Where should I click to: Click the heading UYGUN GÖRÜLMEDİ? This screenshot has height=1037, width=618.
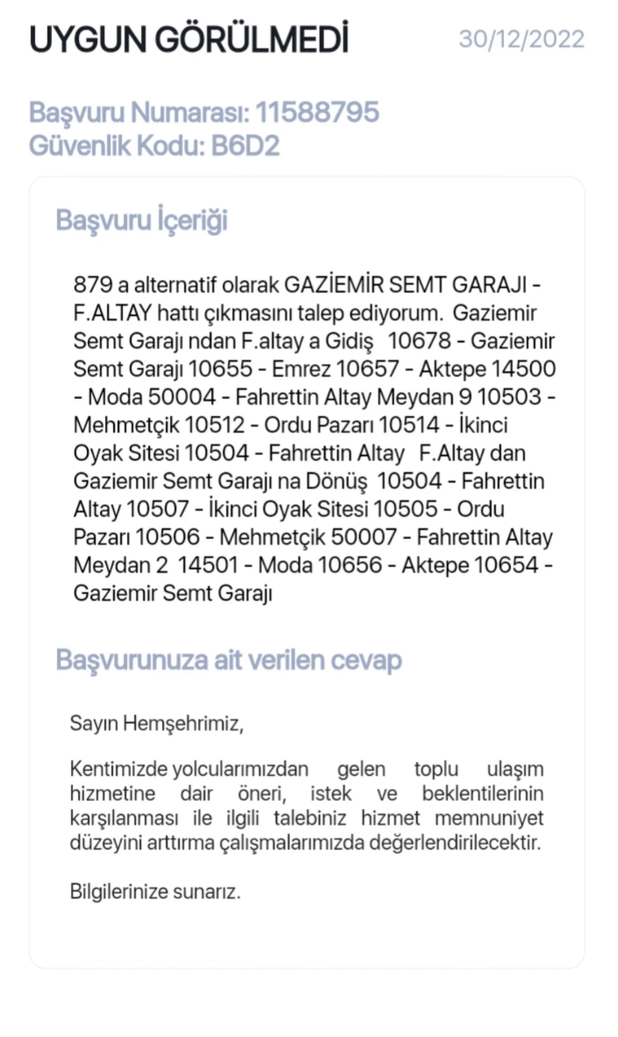189,39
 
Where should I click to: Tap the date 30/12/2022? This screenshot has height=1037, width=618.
521,39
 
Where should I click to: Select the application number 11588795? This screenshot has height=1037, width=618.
317,112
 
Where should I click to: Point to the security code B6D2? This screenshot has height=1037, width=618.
245,146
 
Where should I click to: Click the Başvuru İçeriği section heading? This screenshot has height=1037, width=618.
142,220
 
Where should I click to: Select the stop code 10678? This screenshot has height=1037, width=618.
419,341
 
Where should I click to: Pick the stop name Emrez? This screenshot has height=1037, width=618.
301,369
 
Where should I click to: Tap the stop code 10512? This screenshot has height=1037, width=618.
215,425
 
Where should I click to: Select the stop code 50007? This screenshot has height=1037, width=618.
364,537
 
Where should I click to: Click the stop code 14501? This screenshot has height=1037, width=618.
208,565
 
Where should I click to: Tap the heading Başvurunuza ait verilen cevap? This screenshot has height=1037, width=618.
229,660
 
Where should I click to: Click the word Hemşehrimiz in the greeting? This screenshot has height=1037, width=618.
183,723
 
